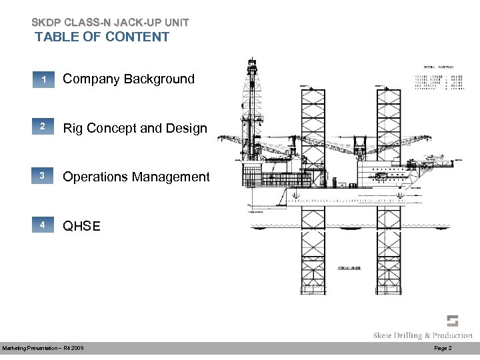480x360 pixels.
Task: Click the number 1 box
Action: (43, 80)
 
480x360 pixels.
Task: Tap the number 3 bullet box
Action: (43, 177)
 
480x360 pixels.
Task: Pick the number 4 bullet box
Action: (43, 225)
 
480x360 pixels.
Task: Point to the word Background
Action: (159, 79)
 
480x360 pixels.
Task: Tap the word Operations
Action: (95, 177)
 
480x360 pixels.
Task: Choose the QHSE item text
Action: (81, 226)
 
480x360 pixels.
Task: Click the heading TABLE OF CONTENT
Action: (102, 37)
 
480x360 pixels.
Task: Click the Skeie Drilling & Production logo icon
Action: (453, 320)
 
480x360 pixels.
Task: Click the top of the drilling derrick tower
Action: (251, 63)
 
